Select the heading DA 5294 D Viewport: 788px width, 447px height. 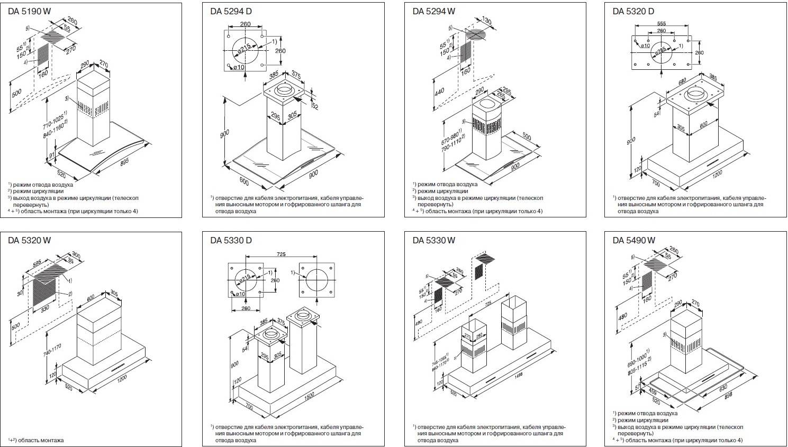[x=231, y=11]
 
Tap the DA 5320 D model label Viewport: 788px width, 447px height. [x=633, y=11]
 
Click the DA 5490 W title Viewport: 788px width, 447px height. [x=634, y=240]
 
